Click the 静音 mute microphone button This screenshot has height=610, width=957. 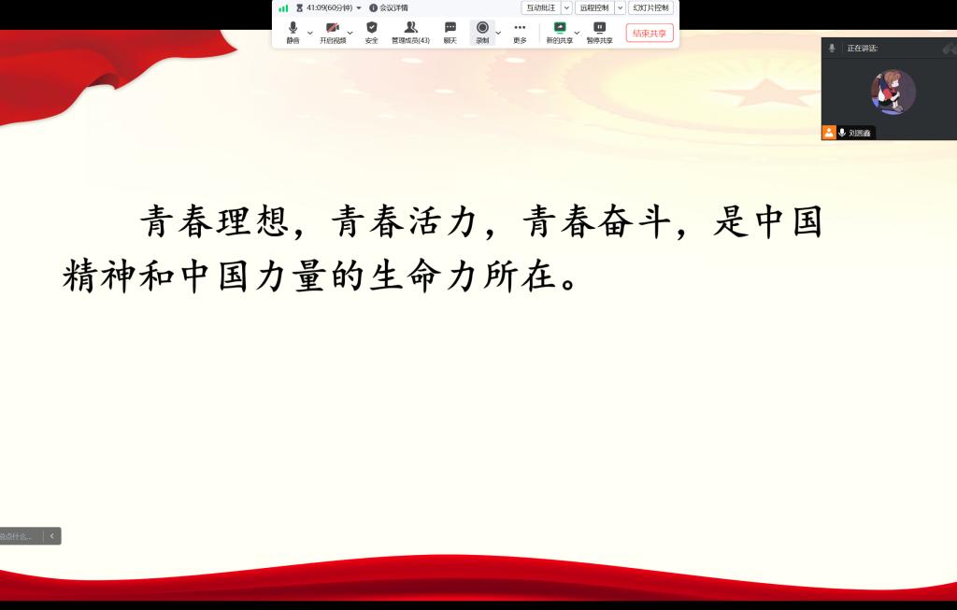[293, 33]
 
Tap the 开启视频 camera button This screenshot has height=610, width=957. [333, 33]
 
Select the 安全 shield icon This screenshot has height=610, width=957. [372, 33]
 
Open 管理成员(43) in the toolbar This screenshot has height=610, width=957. [411, 33]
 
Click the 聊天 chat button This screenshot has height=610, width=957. [450, 33]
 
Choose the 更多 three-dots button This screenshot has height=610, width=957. [520, 33]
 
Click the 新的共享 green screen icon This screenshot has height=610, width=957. [560, 28]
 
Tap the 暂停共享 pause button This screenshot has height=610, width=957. [599, 33]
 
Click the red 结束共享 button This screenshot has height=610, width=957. [650, 33]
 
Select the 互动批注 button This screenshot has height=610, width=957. [541, 7]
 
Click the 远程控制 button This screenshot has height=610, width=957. [593, 7]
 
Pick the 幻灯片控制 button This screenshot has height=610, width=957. [650, 7]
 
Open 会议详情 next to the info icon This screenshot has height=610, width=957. [393, 7]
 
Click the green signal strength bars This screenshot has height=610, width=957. [283, 7]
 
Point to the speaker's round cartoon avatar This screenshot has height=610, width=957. [893, 92]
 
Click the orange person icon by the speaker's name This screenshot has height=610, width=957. [829, 133]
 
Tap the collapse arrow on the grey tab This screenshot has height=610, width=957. [52, 535]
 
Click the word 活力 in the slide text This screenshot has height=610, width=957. [442, 220]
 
